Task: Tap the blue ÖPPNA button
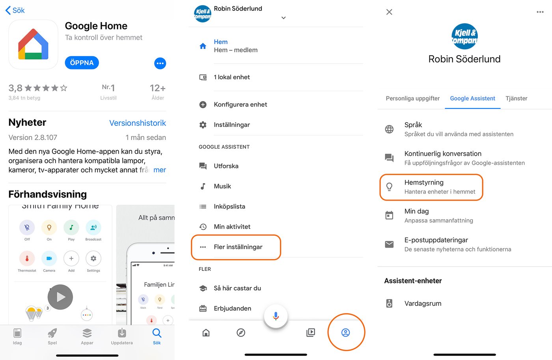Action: tap(82, 63)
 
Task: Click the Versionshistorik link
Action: tap(137, 123)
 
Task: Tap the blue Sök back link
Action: tap(15, 11)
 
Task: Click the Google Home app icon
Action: tap(34, 45)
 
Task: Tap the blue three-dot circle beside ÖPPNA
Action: tap(160, 63)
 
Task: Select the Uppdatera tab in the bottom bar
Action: tap(122, 336)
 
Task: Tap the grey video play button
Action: tap(60, 297)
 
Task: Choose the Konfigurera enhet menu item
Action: tap(240, 104)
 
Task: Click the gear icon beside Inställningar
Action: tap(203, 125)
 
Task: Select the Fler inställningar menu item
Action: tap(238, 247)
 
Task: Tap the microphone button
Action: tap(276, 316)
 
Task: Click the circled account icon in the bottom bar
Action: tap(345, 332)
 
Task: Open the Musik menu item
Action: tap(222, 186)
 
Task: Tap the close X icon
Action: tap(389, 12)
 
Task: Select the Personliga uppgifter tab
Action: tap(412, 99)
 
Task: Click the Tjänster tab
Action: tap(516, 99)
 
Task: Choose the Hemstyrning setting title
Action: tap(424, 183)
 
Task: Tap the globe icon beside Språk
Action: tap(389, 129)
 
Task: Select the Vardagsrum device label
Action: tap(423, 304)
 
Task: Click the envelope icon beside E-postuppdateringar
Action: tap(389, 244)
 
